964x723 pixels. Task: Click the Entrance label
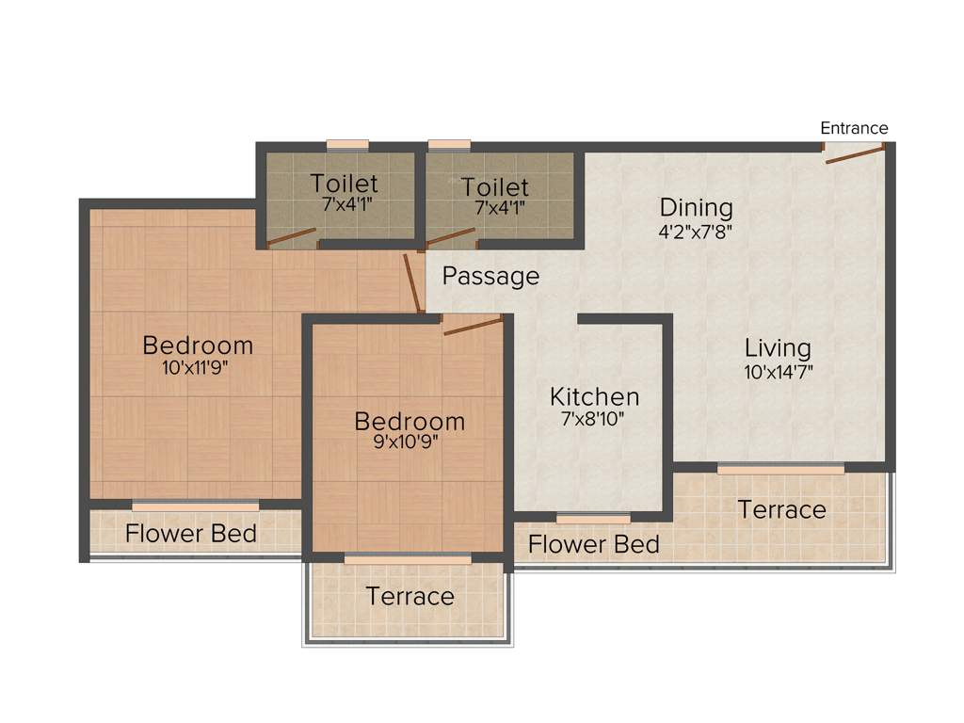click(854, 128)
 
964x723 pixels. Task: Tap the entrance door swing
click(854, 154)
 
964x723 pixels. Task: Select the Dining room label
click(696, 207)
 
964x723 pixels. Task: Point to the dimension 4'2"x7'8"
click(696, 229)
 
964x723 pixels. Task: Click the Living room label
click(778, 347)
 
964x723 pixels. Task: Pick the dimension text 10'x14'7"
click(778, 371)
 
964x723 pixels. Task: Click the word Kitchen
click(594, 396)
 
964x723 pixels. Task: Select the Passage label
click(490, 276)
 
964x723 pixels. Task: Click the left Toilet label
click(345, 184)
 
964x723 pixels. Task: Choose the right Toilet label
click(495, 187)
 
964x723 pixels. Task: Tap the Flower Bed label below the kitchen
click(593, 544)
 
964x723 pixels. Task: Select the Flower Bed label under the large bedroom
click(191, 534)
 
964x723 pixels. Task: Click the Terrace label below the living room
click(781, 509)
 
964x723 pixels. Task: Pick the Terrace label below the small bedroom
click(410, 596)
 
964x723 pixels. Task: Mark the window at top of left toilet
click(347, 145)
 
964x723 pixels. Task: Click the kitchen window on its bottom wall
click(593, 518)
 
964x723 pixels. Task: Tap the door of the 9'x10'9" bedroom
click(473, 326)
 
